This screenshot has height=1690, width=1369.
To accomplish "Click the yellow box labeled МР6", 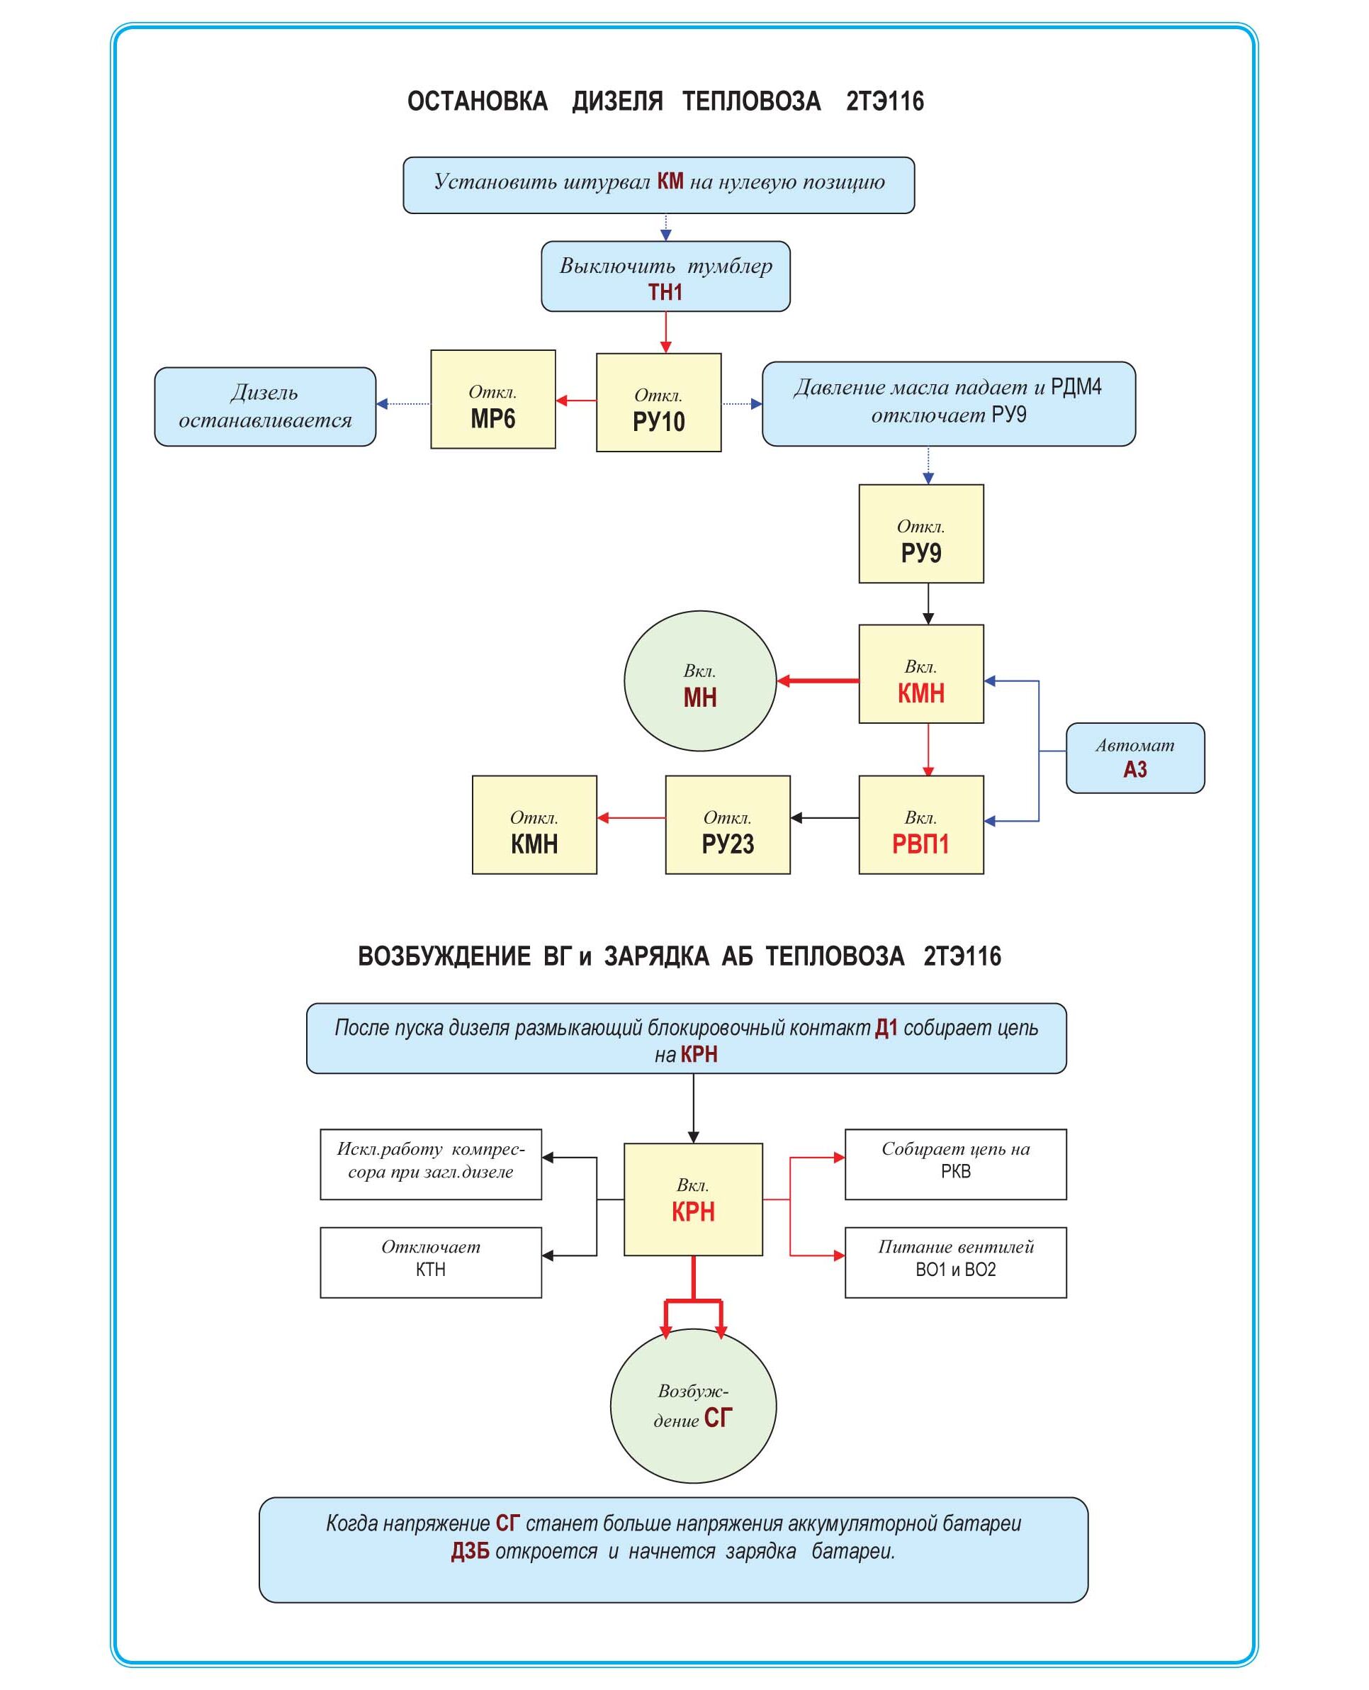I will pos(493,399).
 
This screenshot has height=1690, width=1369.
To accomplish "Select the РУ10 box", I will pos(658,403).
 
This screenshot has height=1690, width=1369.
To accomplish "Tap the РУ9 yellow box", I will pos(921,533).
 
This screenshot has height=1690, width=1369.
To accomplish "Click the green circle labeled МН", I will pos(700,681).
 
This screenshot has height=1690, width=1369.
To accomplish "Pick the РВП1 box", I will pos(921,824).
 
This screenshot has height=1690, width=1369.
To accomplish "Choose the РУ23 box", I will pos(728,824).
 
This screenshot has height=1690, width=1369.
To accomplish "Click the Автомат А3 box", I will pos(1134,757).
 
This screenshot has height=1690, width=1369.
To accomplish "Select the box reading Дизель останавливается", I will pos(265,406).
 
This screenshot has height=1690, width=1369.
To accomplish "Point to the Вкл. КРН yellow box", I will pos(693,1199).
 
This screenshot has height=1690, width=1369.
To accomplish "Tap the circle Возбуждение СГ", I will pos(693,1406).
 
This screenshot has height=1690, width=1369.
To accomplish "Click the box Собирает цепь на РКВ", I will pos(955,1164).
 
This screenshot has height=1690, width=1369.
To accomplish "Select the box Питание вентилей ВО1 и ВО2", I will pos(955,1262).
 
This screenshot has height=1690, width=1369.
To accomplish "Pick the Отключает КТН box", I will pos(431,1262).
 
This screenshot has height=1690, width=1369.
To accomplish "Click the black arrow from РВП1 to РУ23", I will pos(824,817).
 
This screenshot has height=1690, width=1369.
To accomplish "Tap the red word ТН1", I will pos(665,293).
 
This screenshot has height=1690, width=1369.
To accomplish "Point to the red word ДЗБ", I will pos(470,1551).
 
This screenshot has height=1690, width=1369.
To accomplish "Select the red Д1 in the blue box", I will pos(886,1028).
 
